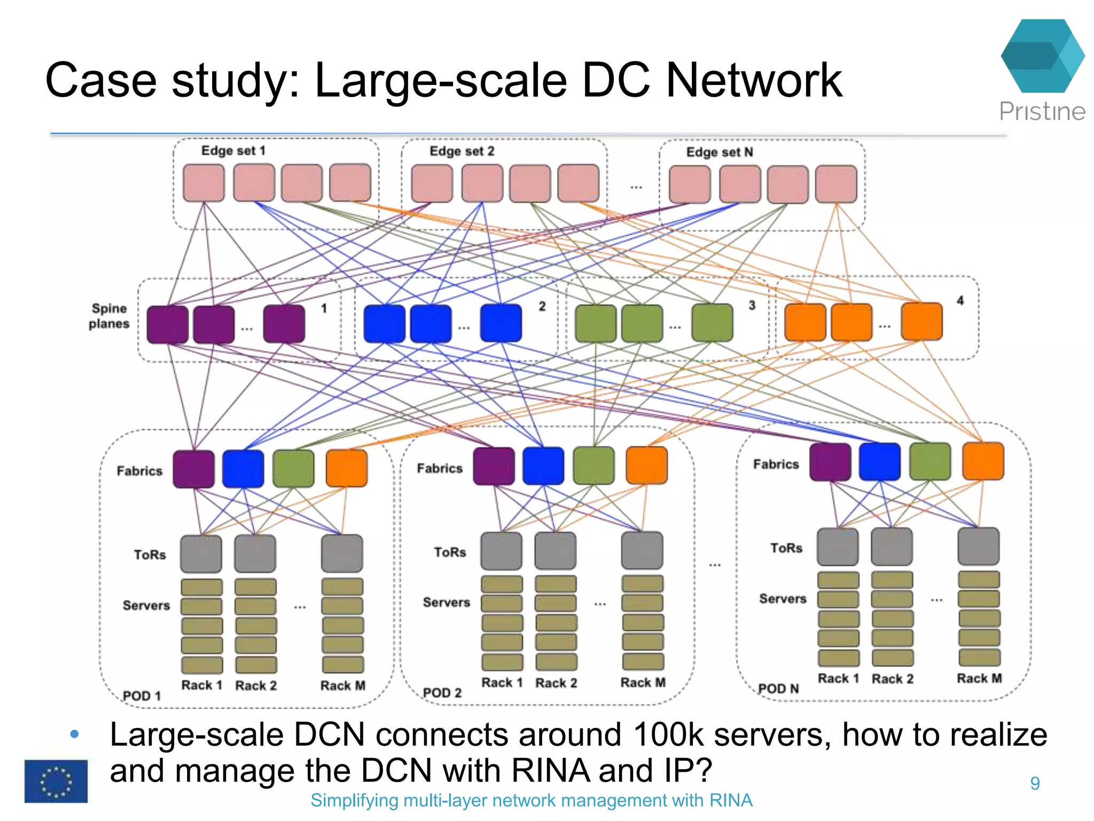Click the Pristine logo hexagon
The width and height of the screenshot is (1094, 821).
(1042, 56)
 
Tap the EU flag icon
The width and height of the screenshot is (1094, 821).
(56, 781)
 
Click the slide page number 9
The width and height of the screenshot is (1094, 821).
(1035, 784)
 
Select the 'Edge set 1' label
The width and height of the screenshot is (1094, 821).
(233, 151)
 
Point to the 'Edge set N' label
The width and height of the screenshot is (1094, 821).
(719, 152)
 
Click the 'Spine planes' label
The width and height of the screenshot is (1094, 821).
(109, 316)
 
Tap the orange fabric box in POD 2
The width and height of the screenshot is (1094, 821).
(646, 465)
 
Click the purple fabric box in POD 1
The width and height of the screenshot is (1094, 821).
(193, 469)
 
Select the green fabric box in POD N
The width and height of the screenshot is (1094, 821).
(930, 461)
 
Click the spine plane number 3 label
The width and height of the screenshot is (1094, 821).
(752, 305)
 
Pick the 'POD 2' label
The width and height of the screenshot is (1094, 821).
(442, 693)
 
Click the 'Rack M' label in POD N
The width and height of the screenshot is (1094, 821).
(979, 678)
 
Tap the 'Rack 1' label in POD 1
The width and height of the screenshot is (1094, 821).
(201, 685)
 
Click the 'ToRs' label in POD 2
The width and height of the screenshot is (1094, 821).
(450, 552)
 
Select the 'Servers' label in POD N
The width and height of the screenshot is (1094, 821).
(783, 599)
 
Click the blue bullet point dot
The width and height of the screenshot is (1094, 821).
(75, 734)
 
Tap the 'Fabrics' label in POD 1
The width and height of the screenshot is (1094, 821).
(139, 471)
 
